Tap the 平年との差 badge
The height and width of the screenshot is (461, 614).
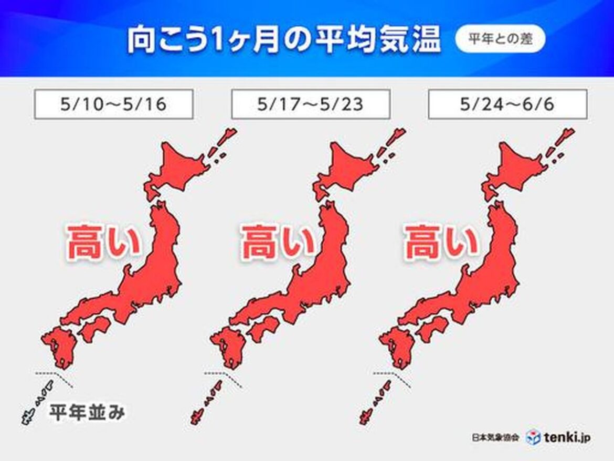tap(500, 40)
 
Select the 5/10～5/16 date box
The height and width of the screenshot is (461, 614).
tap(113, 104)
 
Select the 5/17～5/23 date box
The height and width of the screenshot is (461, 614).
tap(310, 104)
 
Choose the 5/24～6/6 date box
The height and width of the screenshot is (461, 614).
tap(507, 104)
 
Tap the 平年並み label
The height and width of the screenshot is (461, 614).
tap(87, 413)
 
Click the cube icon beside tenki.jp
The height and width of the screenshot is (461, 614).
tap(534, 436)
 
